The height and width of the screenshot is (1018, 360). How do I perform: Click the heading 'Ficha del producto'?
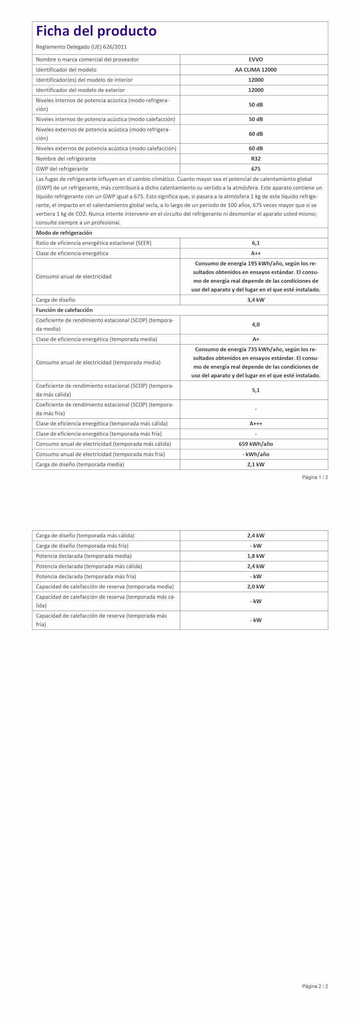(96, 31)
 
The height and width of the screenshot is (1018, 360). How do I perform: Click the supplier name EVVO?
(255, 59)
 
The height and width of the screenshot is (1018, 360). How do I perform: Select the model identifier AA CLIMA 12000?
(255, 70)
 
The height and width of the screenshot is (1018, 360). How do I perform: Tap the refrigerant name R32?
(255, 159)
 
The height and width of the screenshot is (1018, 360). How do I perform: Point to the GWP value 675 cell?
(255, 169)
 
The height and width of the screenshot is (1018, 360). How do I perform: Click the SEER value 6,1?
(255, 243)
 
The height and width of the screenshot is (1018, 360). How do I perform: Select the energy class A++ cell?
(255, 253)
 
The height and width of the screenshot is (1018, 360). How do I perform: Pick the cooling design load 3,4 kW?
(255, 300)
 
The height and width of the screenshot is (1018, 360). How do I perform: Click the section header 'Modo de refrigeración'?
(64, 233)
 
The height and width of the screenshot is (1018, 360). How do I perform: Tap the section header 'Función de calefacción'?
(64, 310)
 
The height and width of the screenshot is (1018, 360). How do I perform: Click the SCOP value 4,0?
(255, 324)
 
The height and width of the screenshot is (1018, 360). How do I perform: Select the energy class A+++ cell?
(255, 424)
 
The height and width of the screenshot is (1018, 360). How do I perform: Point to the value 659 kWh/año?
(255, 444)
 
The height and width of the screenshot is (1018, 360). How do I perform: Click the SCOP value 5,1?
(255, 390)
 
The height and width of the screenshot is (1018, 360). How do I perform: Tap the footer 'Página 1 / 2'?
(315, 477)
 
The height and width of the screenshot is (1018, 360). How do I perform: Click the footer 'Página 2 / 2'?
(315, 986)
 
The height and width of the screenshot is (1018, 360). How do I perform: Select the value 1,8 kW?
(255, 556)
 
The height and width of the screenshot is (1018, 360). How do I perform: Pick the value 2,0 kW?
(255, 587)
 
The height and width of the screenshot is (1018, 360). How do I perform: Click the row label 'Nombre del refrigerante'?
(66, 159)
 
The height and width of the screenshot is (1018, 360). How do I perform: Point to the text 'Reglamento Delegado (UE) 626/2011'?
(81, 47)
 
